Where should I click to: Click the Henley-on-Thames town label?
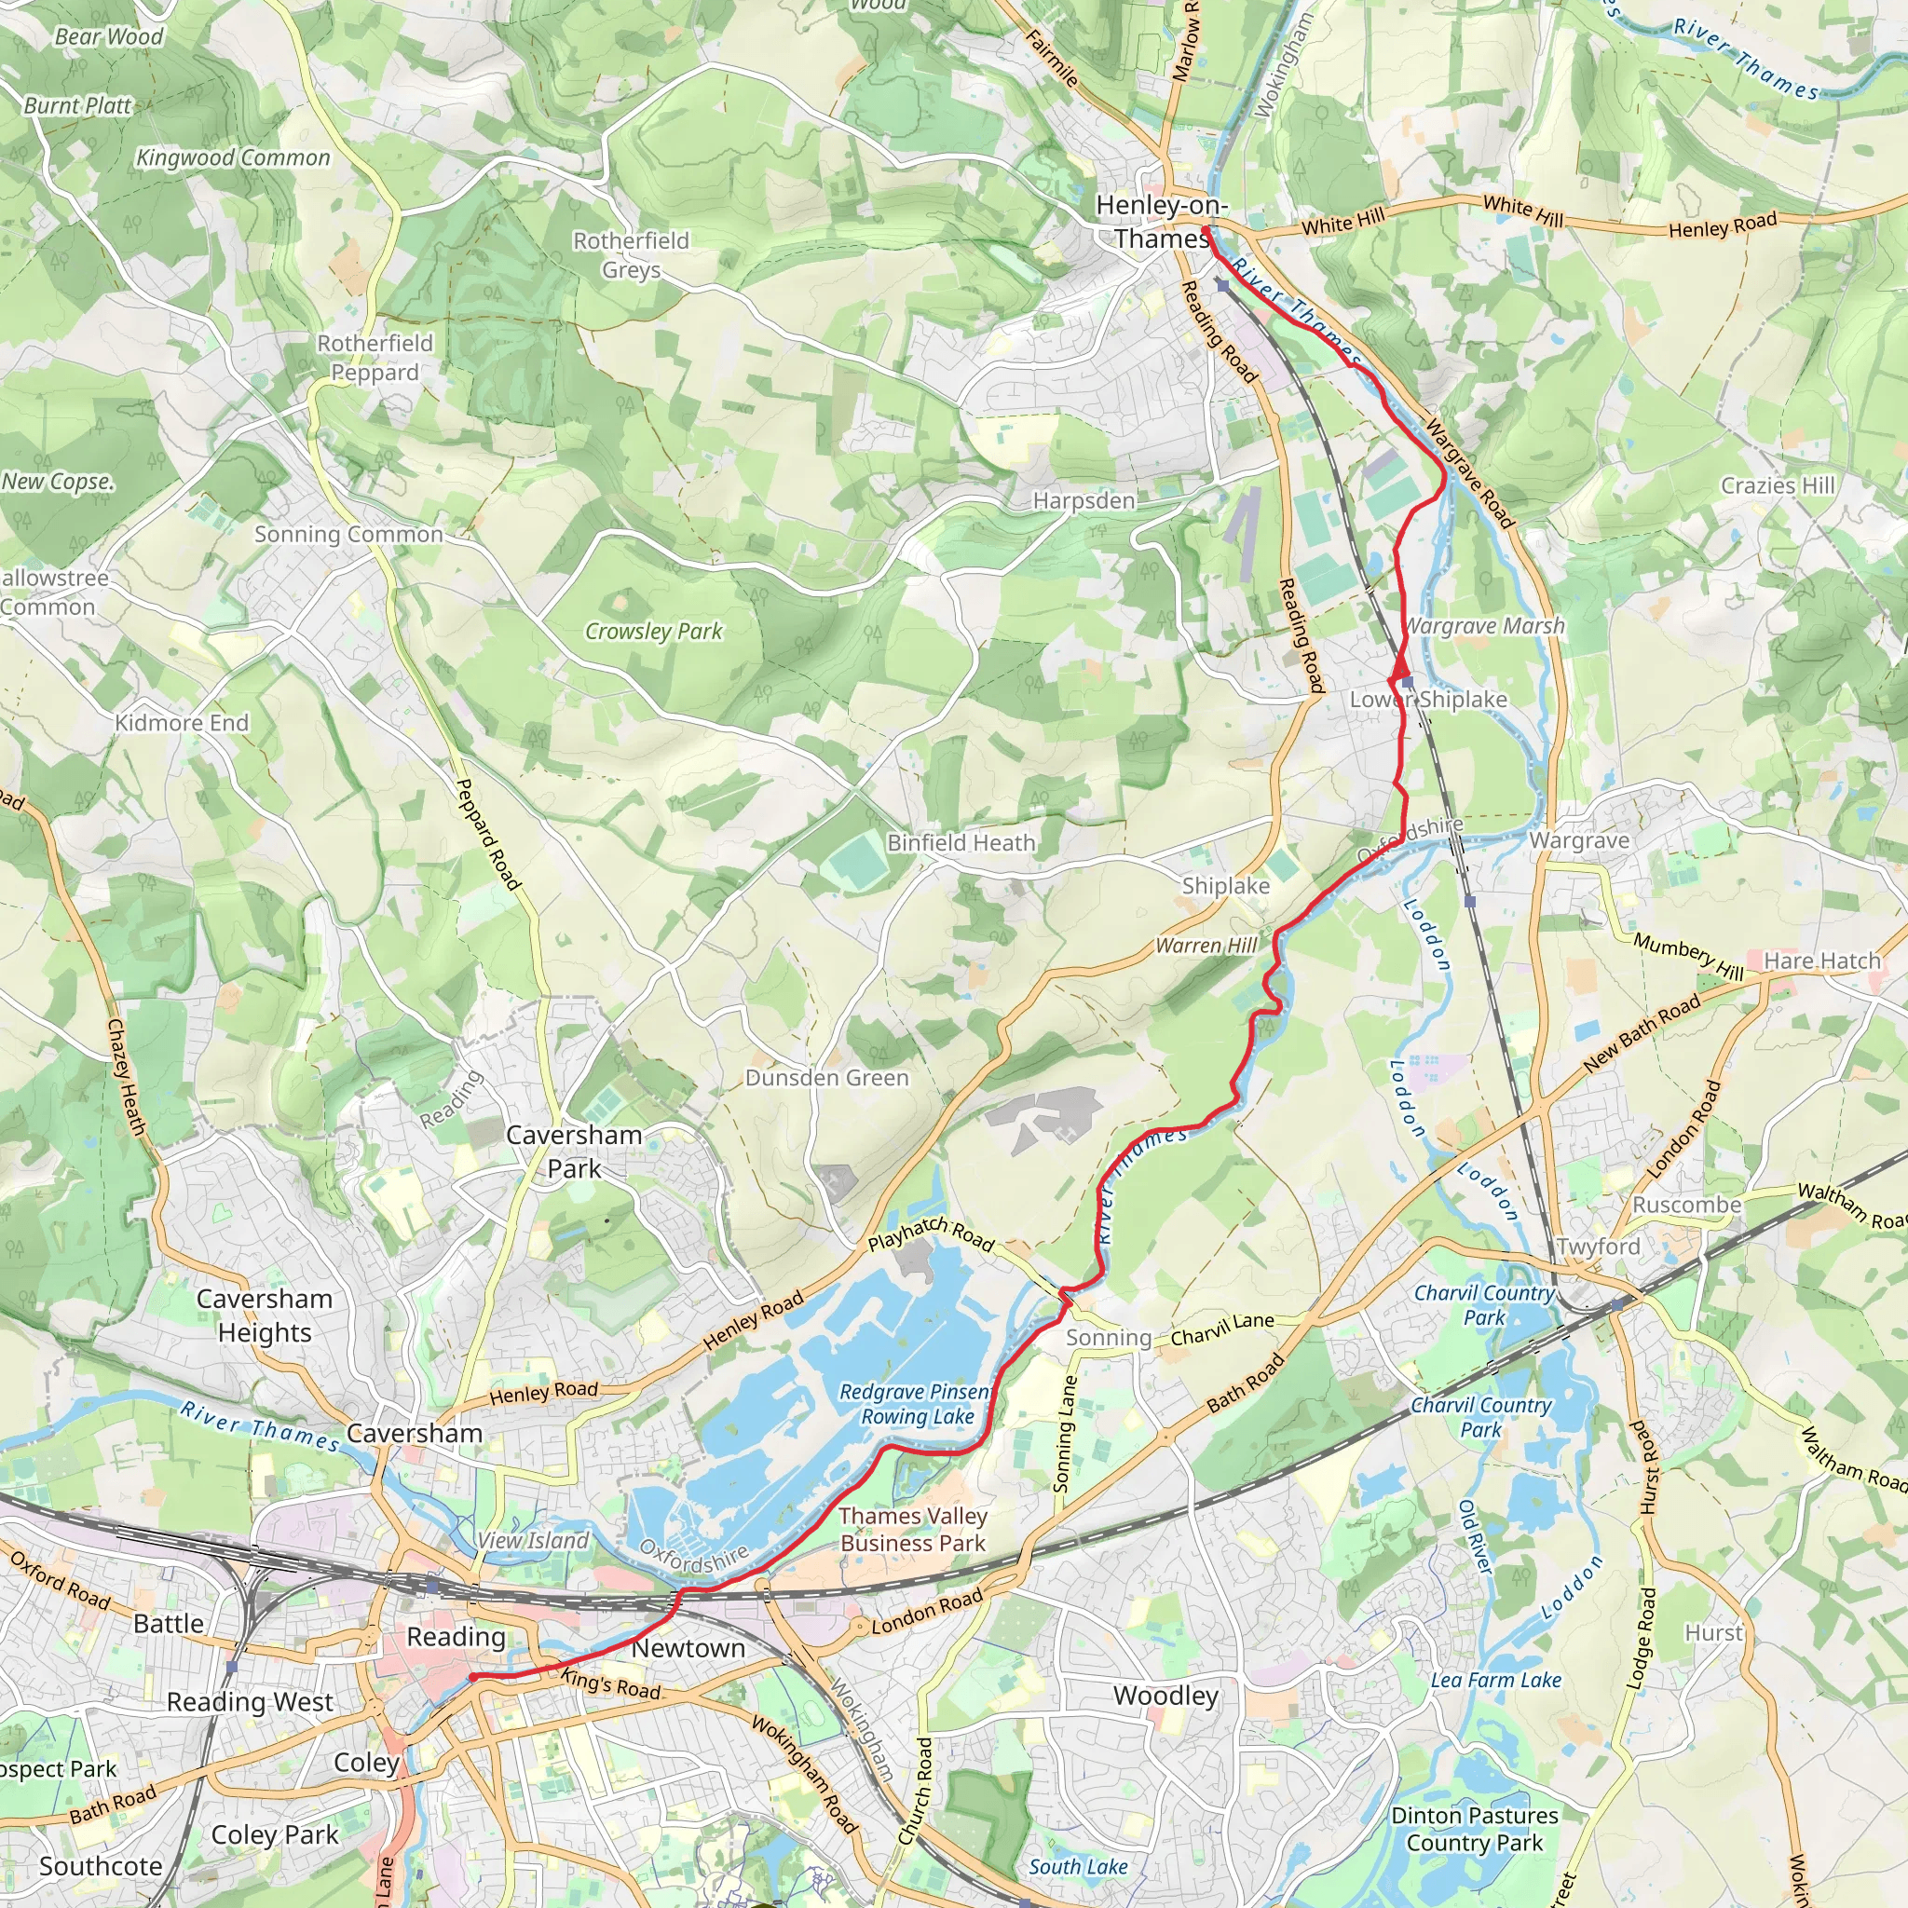click(x=1162, y=221)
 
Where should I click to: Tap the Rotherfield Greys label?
click(x=631, y=254)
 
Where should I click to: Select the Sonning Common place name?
click(x=348, y=534)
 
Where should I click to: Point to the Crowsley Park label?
click(x=654, y=631)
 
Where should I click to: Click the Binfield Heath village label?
click(x=961, y=842)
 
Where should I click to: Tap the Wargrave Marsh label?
click(x=1484, y=626)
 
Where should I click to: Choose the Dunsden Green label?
click(x=826, y=1078)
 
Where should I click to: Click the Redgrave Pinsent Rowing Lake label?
click(x=916, y=1403)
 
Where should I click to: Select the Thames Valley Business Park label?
click(x=912, y=1529)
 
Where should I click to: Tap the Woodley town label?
click(x=1165, y=1696)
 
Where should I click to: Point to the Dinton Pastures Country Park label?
click(x=1474, y=1829)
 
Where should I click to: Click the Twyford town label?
click(x=1598, y=1247)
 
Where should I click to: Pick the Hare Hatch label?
click(x=1822, y=961)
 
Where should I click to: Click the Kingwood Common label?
click(x=233, y=158)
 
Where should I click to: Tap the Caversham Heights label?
click(x=265, y=1315)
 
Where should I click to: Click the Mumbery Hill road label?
click(x=1688, y=955)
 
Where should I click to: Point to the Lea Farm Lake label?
click(x=1496, y=1680)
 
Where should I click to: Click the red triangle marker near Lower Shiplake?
click(x=1400, y=673)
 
